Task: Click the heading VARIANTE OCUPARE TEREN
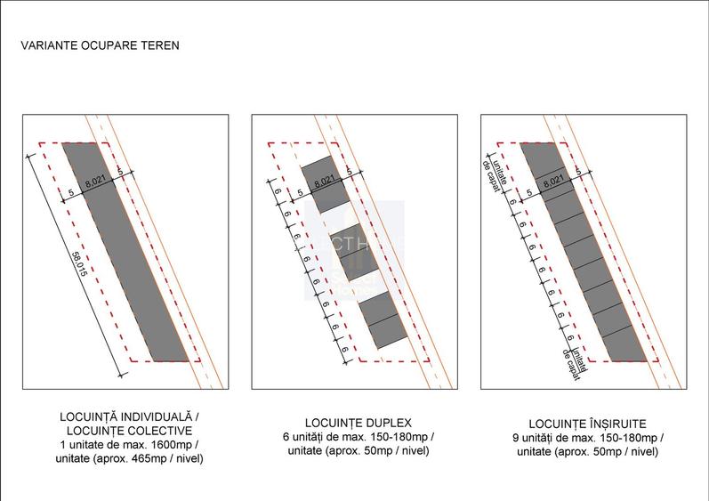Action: click(x=100, y=44)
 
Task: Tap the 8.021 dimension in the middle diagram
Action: click(x=326, y=181)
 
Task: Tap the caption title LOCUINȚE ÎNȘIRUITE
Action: click(x=587, y=424)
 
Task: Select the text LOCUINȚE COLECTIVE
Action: click(x=129, y=430)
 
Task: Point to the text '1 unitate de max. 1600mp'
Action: click(x=125, y=444)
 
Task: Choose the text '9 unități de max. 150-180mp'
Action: click(x=588, y=438)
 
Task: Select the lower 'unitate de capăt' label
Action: click(x=574, y=360)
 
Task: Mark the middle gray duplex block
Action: click(x=353, y=253)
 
